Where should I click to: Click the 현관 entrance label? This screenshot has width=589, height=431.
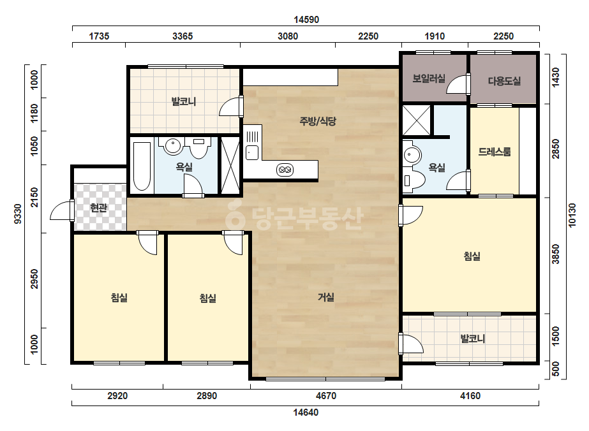(99, 208)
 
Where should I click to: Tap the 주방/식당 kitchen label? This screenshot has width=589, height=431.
(318, 121)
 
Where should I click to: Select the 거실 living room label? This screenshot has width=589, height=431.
(326, 297)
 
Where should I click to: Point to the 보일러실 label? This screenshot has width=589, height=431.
(429, 78)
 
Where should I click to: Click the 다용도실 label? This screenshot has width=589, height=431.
(504, 81)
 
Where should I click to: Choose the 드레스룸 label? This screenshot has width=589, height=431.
(495, 152)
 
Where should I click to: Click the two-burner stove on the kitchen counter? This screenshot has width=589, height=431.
(285, 170)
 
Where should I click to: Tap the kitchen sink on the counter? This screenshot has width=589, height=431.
(252, 153)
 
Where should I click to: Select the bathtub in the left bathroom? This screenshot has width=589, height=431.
(142, 166)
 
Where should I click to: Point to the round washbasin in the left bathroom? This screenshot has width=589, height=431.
(173, 146)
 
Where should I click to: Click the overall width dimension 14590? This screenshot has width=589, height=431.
(306, 20)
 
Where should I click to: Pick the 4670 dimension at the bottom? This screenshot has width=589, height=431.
(326, 396)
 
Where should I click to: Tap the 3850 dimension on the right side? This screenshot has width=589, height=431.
(556, 254)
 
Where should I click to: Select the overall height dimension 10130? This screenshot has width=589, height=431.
(572, 215)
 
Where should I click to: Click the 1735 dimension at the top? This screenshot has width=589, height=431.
(99, 36)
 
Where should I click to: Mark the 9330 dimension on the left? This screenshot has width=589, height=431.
(18, 214)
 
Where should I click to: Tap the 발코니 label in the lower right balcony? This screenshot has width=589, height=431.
(473, 339)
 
